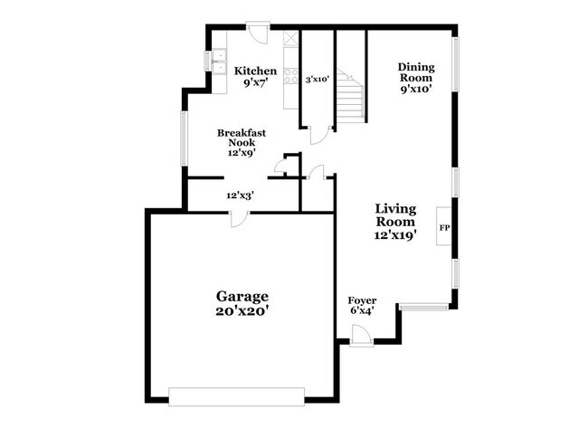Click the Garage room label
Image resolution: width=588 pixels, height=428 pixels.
[242, 296]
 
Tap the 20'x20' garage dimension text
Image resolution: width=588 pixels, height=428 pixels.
[242, 312]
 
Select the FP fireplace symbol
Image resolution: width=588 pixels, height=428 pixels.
[444, 227]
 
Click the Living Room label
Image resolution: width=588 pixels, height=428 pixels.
[395, 214]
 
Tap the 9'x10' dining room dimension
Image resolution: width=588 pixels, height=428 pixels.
[416, 89]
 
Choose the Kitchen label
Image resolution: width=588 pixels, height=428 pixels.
[255, 71]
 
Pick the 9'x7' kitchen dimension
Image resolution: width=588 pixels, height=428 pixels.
[255, 83]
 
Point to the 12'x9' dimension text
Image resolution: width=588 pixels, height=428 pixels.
[242, 153]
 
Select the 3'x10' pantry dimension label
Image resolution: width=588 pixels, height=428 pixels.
[317, 80]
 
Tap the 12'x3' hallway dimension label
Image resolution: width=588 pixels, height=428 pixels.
[240, 195]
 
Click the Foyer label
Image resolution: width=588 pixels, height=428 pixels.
[362, 300]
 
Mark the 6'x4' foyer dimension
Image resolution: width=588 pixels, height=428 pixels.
[362, 312]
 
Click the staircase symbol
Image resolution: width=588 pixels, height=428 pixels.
[350, 94]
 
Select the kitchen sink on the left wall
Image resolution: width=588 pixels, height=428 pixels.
[218, 62]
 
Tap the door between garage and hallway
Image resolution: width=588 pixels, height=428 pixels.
[238, 218]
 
